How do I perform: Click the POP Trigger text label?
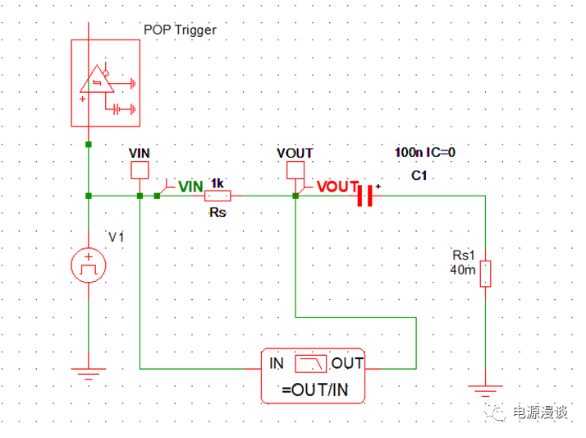point(180,30)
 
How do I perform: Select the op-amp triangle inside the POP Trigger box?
point(96,81)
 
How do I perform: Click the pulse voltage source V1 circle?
point(88,265)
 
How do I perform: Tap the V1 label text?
point(116,237)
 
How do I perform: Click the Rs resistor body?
point(217,196)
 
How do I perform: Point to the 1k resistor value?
point(217,182)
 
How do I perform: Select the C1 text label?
point(421,176)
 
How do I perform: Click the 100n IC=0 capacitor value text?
point(424,153)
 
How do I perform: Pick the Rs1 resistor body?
point(485,273)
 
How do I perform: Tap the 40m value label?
point(463,270)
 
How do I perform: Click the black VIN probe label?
point(140,153)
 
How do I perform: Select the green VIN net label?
point(190,187)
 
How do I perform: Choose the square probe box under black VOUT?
point(295,170)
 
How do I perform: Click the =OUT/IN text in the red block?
point(314,390)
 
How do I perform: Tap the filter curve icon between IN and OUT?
point(311,363)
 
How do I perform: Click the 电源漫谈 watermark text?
point(539,413)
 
